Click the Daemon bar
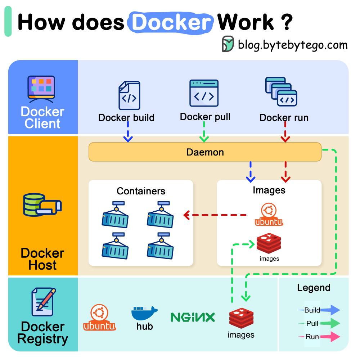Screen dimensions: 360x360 [205, 152]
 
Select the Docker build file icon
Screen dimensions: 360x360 [129, 95]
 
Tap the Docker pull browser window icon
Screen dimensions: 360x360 [204, 93]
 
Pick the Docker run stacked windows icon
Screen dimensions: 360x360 [281, 92]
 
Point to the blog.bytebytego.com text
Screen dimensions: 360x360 [293, 45]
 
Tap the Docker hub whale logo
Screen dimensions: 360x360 [144, 313]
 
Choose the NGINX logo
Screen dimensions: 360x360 [193, 317]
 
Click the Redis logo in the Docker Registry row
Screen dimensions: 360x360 [241, 318]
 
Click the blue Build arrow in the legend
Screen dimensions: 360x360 [330, 310]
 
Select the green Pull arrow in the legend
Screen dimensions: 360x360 [330, 323]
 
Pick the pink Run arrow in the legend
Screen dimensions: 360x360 [330, 337]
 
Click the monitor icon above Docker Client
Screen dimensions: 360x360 [41, 87]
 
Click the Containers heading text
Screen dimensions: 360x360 [141, 191]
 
